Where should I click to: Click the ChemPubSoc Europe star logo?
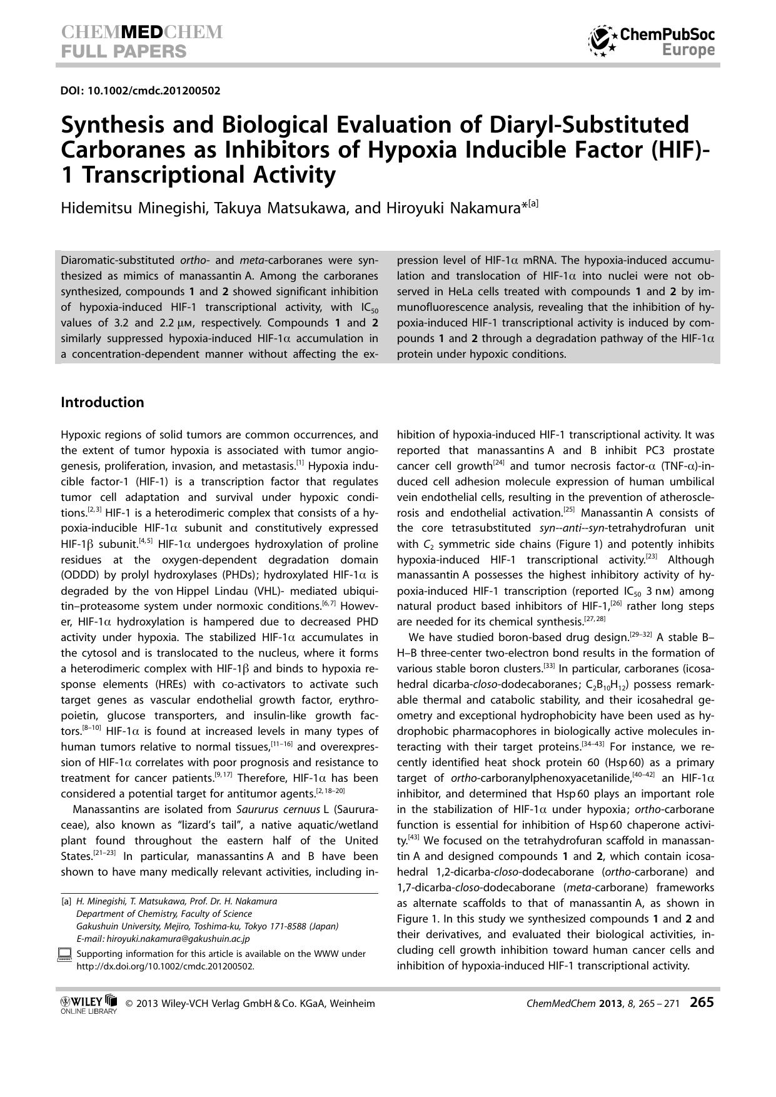pyautogui.click(x=602, y=41)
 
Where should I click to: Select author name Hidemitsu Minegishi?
pyautogui.click(x=134, y=208)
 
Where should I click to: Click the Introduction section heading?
pyautogui.click(x=102, y=402)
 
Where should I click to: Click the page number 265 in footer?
pyautogui.click(x=701, y=1003)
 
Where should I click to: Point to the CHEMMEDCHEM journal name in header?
pyautogui.click(x=141, y=33)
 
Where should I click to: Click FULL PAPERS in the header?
pyautogui.click(x=123, y=51)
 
